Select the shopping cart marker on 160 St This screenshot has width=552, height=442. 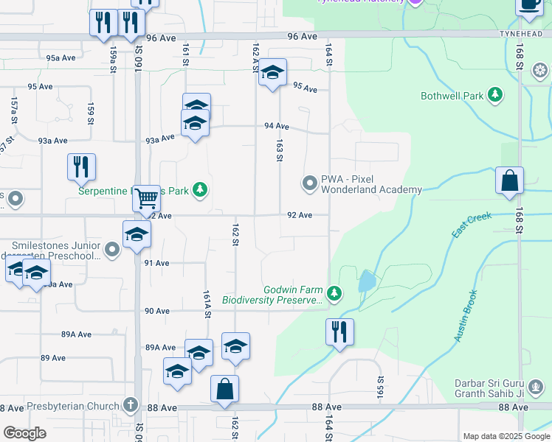147,197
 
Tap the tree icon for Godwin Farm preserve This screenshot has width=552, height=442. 334,294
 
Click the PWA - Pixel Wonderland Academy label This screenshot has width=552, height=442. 371,184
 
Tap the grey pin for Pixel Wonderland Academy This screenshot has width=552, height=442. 310,181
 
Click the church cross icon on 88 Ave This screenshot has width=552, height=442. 130,404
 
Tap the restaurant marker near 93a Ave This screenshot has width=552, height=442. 81,166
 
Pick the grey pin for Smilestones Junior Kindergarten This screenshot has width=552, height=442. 111,250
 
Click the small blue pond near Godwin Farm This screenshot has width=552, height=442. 365,281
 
